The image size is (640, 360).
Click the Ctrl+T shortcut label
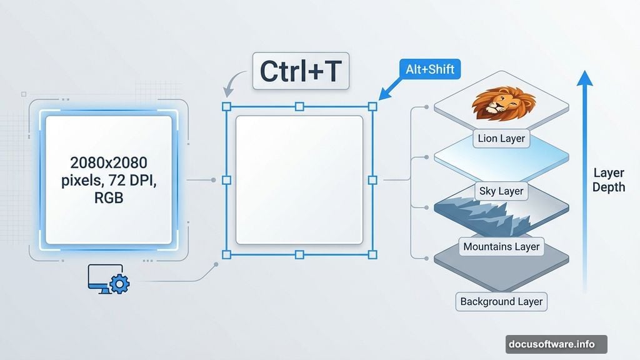[300, 72]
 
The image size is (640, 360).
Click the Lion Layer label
[501, 138]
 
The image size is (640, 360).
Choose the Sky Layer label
[501, 191]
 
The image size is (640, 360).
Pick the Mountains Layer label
[501, 246]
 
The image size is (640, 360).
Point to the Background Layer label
[501, 301]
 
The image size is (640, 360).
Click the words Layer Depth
[608, 180]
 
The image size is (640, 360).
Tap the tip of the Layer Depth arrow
[584, 74]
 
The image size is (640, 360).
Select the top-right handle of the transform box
[372, 106]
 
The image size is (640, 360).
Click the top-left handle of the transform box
[226, 106]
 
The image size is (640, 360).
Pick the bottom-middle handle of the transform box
[299, 254]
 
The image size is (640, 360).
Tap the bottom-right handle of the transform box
[372, 254]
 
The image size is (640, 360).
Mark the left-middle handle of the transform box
[226, 180]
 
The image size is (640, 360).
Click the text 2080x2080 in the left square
[109, 163]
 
